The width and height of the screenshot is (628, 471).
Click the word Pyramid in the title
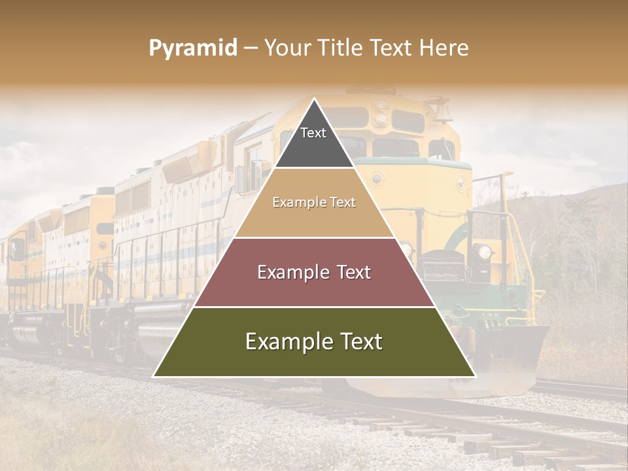(x=193, y=49)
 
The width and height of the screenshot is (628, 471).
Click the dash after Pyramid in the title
(x=251, y=49)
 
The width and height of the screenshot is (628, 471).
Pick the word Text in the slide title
(x=393, y=48)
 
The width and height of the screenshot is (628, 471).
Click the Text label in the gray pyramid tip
(x=313, y=133)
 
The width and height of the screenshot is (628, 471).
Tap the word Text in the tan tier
(x=342, y=203)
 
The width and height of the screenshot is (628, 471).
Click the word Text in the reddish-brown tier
(x=353, y=272)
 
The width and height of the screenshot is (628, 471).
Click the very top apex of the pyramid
(x=314, y=99)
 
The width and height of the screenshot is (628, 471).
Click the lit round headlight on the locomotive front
(x=483, y=252)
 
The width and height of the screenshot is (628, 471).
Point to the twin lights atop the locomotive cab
(x=379, y=113)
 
